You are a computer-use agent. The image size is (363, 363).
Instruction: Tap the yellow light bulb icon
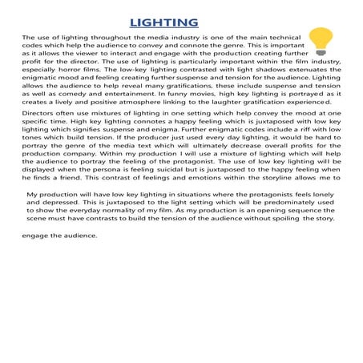(x=321, y=38)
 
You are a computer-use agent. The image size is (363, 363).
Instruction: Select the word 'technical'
(x=280, y=38)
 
